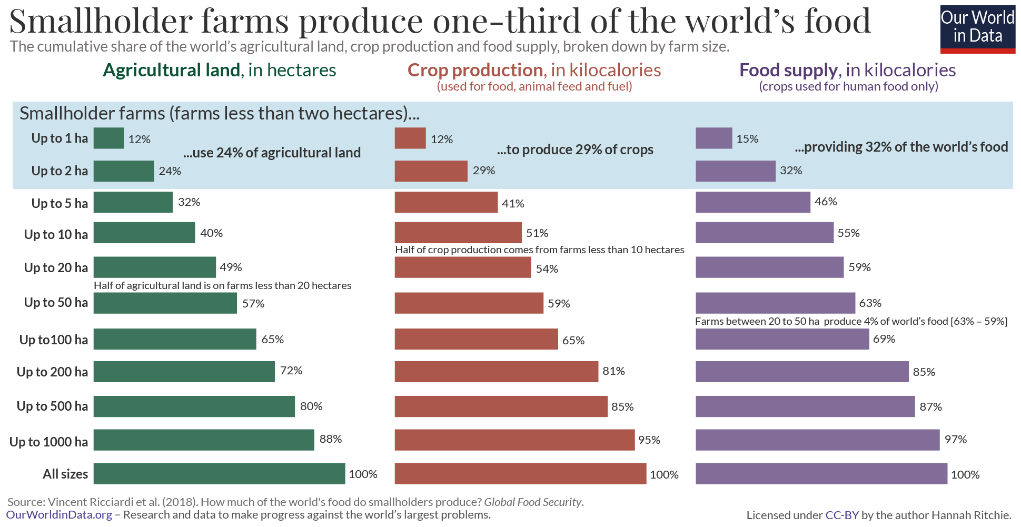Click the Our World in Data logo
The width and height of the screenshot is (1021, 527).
[x=977, y=29]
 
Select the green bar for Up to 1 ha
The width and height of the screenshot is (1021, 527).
[x=108, y=138]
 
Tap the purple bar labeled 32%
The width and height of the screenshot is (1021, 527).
[x=735, y=171]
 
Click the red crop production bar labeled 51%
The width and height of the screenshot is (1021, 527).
[x=458, y=233]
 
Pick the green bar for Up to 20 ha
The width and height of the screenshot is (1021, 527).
[x=154, y=267]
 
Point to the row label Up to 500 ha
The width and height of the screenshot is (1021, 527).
[x=52, y=406]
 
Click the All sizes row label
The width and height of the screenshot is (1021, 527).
[x=65, y=474]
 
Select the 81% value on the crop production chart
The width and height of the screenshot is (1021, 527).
[x=613, y=371]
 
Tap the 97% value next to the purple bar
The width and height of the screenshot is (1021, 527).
[x=955, y=440]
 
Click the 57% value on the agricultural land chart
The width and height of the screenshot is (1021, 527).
[x=253, y=304]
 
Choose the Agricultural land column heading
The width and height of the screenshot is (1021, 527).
[x=219, y=70]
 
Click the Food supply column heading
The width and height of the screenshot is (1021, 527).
[x=847, y=70]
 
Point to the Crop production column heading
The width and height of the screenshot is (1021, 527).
[x=534, y=70]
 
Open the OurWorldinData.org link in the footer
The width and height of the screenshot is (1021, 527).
[x=59, y=515]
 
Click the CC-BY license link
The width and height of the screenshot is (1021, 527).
[x=842, y=515]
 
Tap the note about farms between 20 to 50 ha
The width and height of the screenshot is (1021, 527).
[x=851, y=322]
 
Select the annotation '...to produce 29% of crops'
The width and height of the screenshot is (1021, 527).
[x=575, y=150]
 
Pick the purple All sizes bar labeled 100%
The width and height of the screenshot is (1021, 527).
[x=821, y=474]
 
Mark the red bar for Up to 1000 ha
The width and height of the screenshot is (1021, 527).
[x=514, y=440]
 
